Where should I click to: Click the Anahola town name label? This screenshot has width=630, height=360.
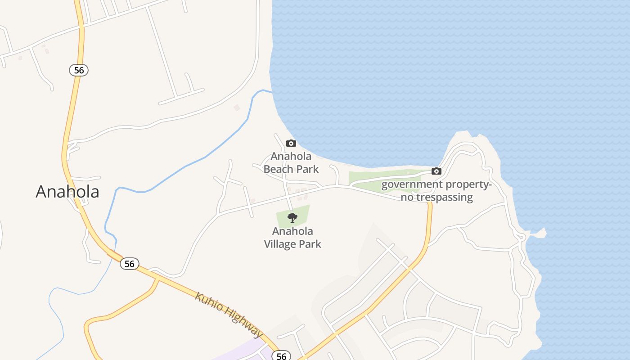(67, 191)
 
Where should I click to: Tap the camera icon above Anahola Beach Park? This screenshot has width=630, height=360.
(291, 143)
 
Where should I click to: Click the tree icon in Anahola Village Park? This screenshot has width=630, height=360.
(292, 218)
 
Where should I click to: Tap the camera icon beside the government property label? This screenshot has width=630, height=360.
(436, 171)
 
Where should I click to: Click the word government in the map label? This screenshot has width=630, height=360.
(412, 184)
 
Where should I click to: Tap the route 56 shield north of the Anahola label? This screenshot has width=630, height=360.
(79, 70)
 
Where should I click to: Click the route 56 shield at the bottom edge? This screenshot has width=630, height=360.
(281, 356)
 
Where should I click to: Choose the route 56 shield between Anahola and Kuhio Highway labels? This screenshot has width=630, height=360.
(129, 264)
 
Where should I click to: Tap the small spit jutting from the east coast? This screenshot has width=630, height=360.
(540, 233)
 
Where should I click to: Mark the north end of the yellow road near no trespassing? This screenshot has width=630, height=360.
(430, 203)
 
